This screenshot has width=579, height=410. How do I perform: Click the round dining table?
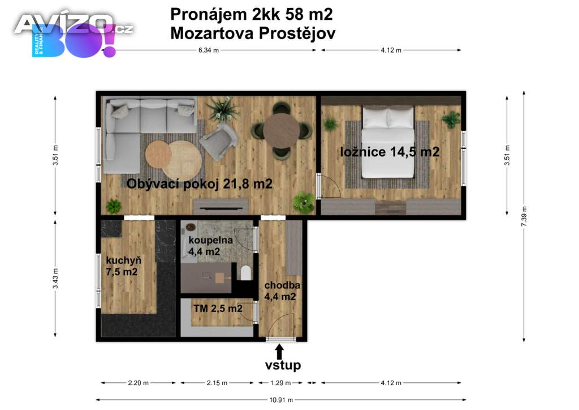click(x=282, y=130)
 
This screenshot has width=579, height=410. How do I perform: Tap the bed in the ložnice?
click(x=387, y=142)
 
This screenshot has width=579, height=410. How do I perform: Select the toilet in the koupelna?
click(x=246, y=273)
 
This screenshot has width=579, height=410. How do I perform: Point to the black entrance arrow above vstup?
click(x=279, y=351)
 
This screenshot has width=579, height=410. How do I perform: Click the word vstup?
click(x=283, y=365)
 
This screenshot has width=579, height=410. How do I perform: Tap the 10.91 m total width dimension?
click(x=281, y=400)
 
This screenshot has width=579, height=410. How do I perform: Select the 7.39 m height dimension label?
click(x=524, y=216)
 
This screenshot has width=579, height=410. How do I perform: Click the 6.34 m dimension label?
click(x=209, y=50)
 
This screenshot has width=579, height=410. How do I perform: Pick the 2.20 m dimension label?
click(x=138, y=383)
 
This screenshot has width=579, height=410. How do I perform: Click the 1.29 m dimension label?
click(x=280, y=383)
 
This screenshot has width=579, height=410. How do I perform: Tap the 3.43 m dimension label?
click(x=55, y=279)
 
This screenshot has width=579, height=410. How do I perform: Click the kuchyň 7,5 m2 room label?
click(x=123, y=266)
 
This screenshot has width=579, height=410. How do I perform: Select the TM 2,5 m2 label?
click(x=218, y=308)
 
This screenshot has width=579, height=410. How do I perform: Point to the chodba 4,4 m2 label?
click(x=282, y=291)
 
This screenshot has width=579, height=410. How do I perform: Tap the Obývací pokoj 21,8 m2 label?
click(x=200, y=183)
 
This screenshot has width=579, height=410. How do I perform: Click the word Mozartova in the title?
click(x=212, y=33)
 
